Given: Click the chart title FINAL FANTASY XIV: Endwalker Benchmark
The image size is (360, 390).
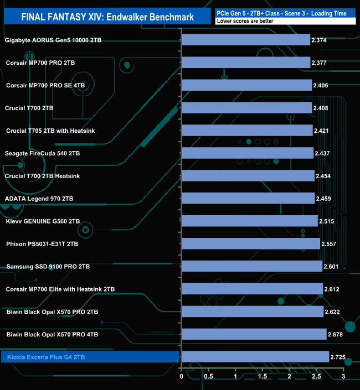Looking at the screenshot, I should pyautogui.click(x=107, y=17).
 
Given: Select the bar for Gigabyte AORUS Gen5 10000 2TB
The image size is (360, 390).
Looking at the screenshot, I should pyautogui.click(x=246, y=40).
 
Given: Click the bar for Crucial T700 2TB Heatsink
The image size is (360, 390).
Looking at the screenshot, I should pyautogui.click(x=248, y=176).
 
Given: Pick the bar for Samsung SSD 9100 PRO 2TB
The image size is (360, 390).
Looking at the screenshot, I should pyautogui.click(x=252, y=267).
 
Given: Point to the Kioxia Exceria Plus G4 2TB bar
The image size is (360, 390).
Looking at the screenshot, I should pyautogui.click(x=255, y=357).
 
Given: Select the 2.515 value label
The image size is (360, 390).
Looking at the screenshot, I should pyautogui.click(x=326, y=221).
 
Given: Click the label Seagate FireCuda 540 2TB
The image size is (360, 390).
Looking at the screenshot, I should pyautogui.click(x=42, y=153).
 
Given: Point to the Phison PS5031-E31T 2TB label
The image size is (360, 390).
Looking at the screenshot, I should pyautogui.click(x=42, y=244).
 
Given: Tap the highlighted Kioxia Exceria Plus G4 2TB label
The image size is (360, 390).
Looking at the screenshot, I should pyautogui.click(x=47, y=357).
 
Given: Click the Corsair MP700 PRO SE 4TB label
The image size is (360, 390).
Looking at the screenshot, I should pyautogui.click(x=45, y=85).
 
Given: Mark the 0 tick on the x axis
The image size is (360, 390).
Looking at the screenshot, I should pyautogui.click(x=182, y=376).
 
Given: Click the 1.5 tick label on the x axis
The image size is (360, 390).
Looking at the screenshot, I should pyautogui.click(x=263, y=376).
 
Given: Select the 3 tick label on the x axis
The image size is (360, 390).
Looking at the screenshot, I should pyautogui.click(x=343, y=376).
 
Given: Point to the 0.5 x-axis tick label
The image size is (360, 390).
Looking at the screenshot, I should pyautogui.click(x=208, y=376).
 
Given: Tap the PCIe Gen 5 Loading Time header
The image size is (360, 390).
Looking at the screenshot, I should pyautogui.click(x=285, y=12).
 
